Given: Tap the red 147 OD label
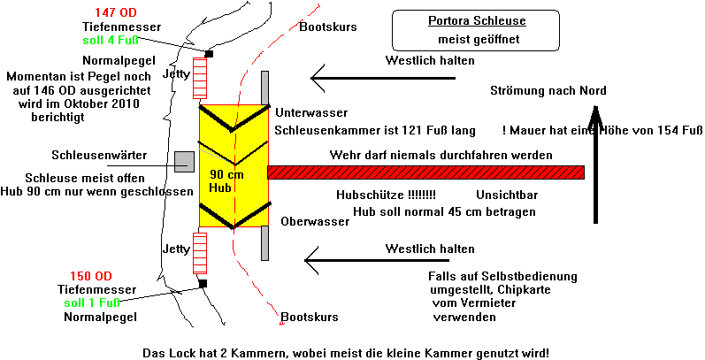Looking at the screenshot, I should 116,13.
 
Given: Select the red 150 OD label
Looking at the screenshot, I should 91,275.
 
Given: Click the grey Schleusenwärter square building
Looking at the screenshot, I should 184,161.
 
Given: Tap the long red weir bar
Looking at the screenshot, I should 425,172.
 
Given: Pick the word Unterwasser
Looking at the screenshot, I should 311,113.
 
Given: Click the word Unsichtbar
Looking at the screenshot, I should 507,194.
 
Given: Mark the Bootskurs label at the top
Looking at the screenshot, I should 327,27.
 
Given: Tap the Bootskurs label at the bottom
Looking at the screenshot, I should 309,317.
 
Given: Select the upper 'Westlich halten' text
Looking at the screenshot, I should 431,61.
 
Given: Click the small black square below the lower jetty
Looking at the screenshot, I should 203,283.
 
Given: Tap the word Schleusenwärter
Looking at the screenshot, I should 92,154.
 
